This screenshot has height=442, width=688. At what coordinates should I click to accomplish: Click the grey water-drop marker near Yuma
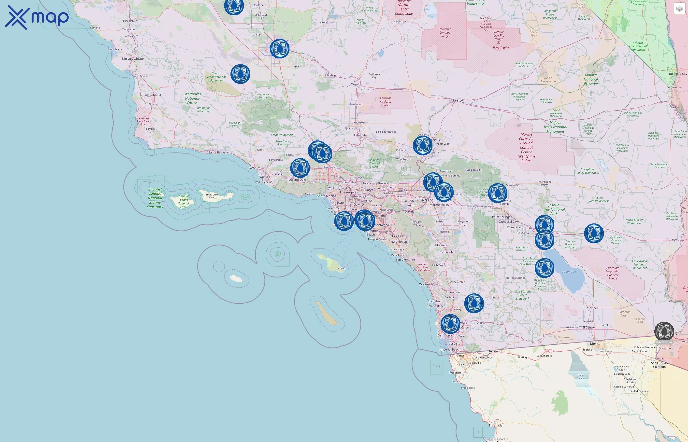click(x=664, y=331)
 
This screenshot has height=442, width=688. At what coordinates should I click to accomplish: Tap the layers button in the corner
click(x=679, y=9)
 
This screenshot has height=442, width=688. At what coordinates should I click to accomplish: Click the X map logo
click(x=37, y=17)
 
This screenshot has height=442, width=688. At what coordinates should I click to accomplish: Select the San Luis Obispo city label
click(x=133, y=58)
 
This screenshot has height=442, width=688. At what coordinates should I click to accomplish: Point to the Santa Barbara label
click(x=218, y=152)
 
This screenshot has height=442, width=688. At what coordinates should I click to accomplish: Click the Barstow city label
click(x=458, y=100)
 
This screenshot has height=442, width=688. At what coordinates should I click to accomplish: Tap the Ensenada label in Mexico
click(x=496, y=425)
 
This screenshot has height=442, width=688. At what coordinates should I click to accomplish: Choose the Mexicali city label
click(x=596, y=344)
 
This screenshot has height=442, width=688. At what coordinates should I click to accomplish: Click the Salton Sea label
click(x=569, y=272)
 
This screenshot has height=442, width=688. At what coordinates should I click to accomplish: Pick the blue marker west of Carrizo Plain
click(x=240, y=74)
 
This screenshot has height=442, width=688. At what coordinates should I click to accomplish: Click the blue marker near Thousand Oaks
click(x=300, y=168)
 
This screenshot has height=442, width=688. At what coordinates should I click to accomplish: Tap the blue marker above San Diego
click(x=450, y=324)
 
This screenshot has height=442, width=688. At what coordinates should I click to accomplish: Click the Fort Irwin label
click(x=501, y=48)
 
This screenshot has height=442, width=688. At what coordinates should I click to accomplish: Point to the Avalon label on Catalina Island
click(x=341, y=269)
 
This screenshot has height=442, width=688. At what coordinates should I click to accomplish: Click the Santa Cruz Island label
click(x=212, y=196)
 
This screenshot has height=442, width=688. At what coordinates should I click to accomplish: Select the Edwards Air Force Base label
click(x=385, y=102)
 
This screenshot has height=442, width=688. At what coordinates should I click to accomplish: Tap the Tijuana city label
click(x=458, y=355)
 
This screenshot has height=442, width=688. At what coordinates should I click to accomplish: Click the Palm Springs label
click(x=501, y=217)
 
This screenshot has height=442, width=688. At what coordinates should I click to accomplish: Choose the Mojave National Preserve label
click(x=591, y=79)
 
